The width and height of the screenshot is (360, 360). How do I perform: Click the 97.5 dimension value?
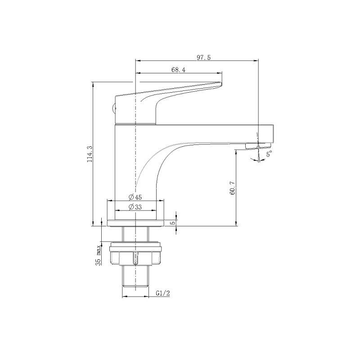click(204, 58)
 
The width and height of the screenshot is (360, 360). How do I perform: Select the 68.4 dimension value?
click(178, 70)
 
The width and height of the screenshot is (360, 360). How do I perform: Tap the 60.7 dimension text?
click(232, 188)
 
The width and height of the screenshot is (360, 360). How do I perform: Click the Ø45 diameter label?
click(135, 197)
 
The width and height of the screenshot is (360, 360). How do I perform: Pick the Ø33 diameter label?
click(135, 207)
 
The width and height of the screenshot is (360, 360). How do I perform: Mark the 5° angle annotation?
click(269, 153)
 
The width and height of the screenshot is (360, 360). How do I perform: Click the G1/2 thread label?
click(163, 293)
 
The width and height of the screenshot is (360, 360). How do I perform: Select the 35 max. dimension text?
click(98, 255)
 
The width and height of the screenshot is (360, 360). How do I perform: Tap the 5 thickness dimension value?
click(174, 222)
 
